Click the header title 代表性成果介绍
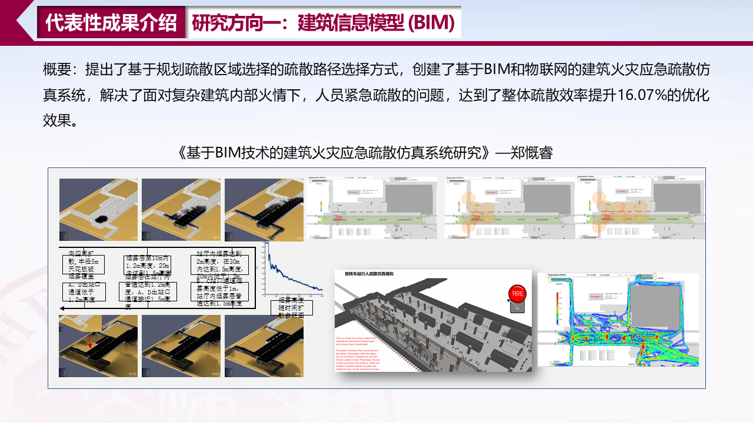click(111, 22)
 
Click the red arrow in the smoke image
click(89, 340)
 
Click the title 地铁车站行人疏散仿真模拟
click(369, 274)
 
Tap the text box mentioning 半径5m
click(84, 263)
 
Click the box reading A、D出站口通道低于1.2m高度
click(84, 291)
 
